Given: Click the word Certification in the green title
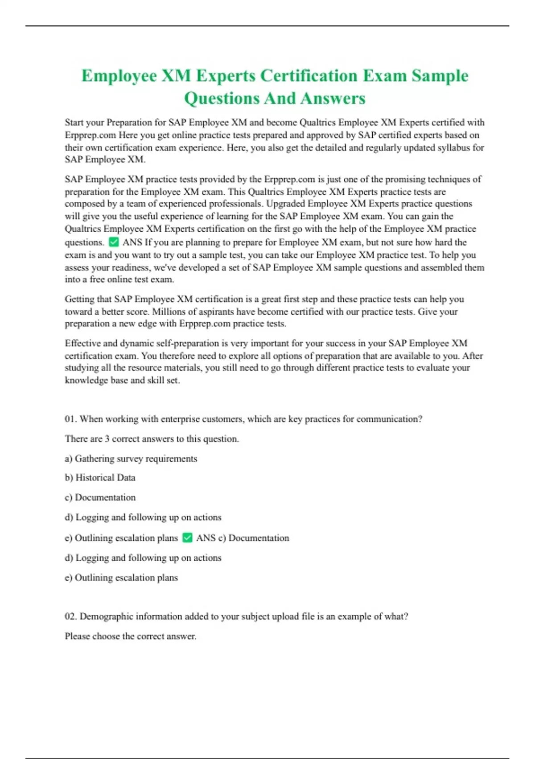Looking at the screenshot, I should [309, 76].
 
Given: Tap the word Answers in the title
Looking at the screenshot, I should [333, 98].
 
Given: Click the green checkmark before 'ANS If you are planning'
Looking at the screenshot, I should [114, 242].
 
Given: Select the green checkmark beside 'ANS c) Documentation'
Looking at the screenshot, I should [188, 538].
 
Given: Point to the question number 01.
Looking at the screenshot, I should [71, 419].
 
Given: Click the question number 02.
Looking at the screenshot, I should [71, 616].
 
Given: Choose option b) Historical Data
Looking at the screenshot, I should [100, 477].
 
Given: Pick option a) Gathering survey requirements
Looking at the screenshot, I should [131, 459].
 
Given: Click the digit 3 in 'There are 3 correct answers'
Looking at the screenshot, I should [107, 438].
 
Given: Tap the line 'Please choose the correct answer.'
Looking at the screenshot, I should [130, 636].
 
